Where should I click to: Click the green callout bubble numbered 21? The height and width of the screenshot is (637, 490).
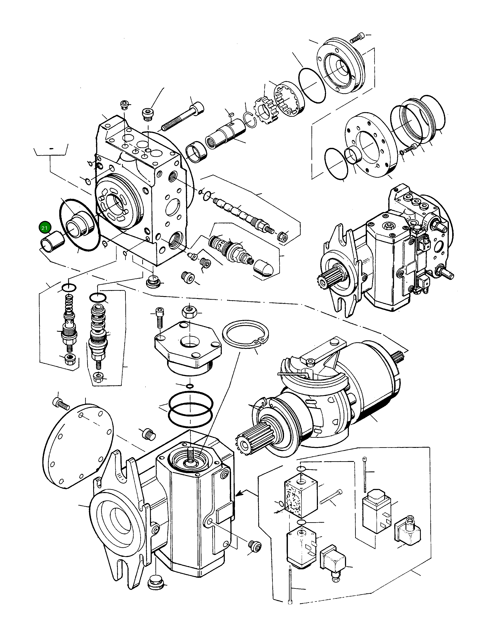pyautogui.click(x=44, y=228)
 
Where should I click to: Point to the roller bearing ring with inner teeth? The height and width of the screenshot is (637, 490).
pyautogui.click(x=289, y=99)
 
